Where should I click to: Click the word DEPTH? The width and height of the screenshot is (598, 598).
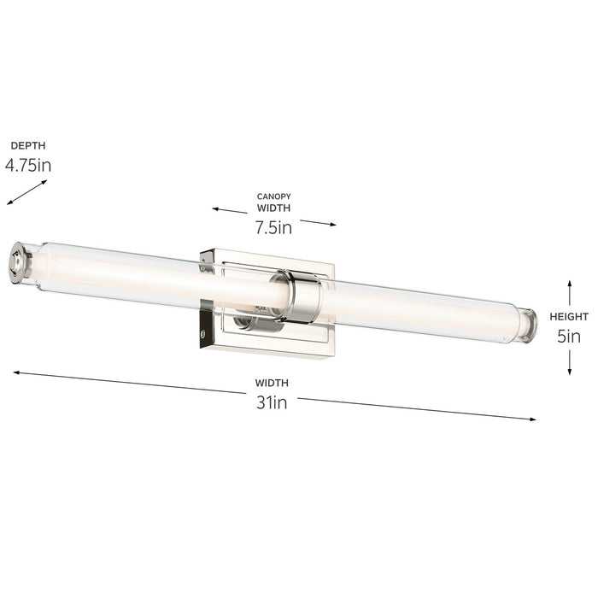pyautogui.click(x=28, y=146)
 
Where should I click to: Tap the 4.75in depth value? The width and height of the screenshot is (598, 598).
pyautogui.click(x=28, y=165)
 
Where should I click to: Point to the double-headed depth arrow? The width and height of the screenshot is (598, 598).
pyautogui.click(x=26, y=192)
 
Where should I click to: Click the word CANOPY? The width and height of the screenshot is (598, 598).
pyautogui.click(x=273, y=196)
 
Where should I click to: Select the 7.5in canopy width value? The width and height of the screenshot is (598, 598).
pyautogui.click(x=273, y=227)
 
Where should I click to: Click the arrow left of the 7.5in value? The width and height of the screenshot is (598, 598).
pyautogui.click(x=230, y=210)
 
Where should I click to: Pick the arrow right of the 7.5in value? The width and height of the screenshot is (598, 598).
pyautogui.click(x=318, y=223)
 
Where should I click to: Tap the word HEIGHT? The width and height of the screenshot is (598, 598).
pyautogui.click(x=569, y=317)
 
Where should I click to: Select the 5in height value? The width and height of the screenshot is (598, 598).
pyautogui.click(x=569, y=337)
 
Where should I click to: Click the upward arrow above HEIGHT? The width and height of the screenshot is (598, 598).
pyautogui.click(x=569, y=290)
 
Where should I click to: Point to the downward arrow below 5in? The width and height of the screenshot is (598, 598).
pyautogui.click(x=569, y=363)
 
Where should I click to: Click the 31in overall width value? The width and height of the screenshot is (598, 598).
pyautogui.click(x=272, y=402)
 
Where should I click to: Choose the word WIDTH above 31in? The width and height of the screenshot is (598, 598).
pyautogui.click(x=272, y=383)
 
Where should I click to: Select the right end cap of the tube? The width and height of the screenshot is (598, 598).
pyautogui.click(x=529, y=325)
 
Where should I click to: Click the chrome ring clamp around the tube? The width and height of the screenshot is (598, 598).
pyautogui.click(x=303, y=296)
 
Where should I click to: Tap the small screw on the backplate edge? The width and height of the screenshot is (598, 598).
pyautogui.click(x=203, y=323)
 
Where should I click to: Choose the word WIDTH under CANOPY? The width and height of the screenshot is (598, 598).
pyautogui.click(x=273, y=208)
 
